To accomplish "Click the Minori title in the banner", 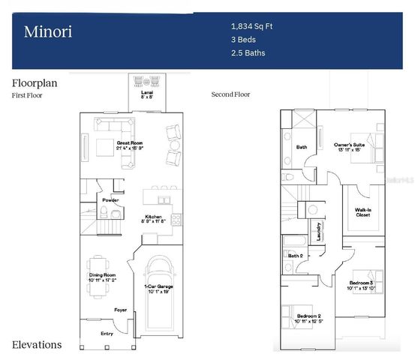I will tap(48, 31).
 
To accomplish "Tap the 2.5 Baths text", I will tap(248, 52).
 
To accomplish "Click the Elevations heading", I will tap(37, 345).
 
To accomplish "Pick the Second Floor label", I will tap(231, 94).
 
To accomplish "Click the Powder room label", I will tap(111, 200).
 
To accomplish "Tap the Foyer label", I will tap(120, 309).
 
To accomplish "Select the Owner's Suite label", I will tap(350, 145).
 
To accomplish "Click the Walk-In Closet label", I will tap(362, 212).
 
